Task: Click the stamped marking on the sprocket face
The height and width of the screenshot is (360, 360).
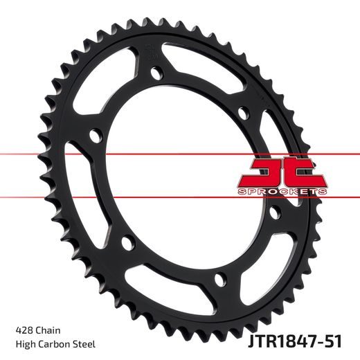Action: tap(150, 49)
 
